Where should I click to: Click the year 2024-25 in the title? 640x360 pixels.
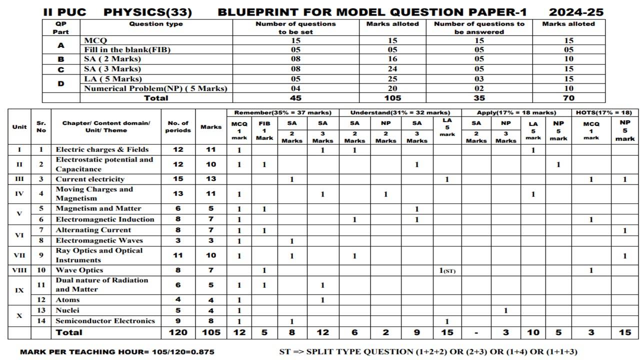(x=576, y=12)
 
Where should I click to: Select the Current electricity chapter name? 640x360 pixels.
(x=90, y=179)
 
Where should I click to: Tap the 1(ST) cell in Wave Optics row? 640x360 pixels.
(x=447, y=270)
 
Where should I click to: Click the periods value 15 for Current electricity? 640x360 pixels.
(x=178, y=179)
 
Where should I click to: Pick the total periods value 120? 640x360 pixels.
(x=178, y=332)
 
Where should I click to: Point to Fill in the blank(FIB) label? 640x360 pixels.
(x=120, y=49)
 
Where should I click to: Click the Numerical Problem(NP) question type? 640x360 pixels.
(x=155, y=88)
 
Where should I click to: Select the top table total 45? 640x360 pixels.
(x=295, y=98)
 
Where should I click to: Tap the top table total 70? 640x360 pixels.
(x=568, y=98)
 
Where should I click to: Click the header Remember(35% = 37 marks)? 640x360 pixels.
(x=283, y=112)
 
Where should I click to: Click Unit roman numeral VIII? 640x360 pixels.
(x=19, y=270)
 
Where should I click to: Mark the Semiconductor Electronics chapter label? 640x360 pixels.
(x=105, y=321)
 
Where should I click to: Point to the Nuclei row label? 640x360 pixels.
(x=67, y=310)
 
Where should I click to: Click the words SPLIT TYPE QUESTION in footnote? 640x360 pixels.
(x=355, y=351)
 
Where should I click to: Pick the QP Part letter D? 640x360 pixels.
(x=61, y=83)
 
